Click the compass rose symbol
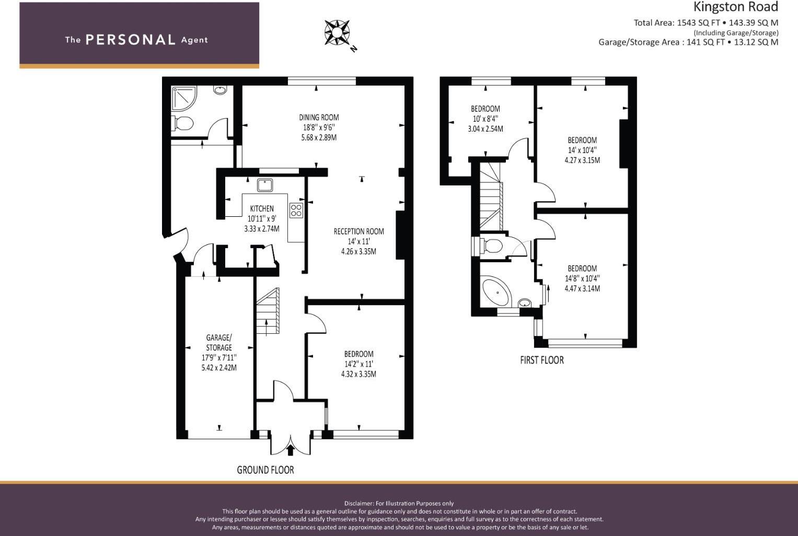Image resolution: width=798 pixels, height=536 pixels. click(337, 33)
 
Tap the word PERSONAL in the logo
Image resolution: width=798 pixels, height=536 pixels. click(131, 40)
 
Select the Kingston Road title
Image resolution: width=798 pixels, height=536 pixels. click(736, 7)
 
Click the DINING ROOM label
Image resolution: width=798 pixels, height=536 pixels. click(319, 117)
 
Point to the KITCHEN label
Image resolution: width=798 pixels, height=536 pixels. click(262, 208)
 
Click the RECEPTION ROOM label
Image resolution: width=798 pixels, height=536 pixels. click(358, 231)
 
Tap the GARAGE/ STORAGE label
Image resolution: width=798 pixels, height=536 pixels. click(219, 342)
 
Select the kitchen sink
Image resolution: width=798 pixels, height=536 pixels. click(265, 185)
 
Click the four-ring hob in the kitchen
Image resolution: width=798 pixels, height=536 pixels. click(296, 210)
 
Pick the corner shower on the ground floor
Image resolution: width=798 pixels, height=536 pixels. click(183, 98)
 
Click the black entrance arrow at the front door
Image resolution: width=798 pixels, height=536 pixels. click(291, 450)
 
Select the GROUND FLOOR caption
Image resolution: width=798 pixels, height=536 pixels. click(265, 470)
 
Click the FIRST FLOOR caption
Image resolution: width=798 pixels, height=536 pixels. click(542, 360)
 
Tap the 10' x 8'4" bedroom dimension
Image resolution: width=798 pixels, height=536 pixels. click(485, 119)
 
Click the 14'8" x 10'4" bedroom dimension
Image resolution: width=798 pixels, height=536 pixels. click(582, 278)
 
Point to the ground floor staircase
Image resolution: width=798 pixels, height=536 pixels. click(268, 311)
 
